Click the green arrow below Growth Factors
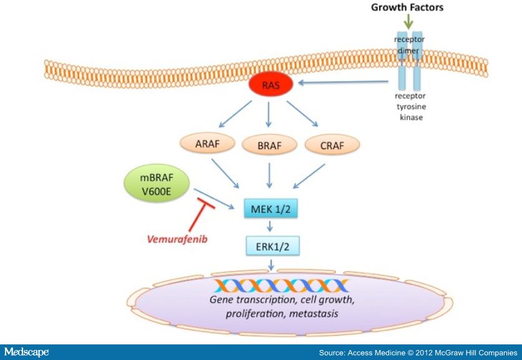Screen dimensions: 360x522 [x=408, y=21]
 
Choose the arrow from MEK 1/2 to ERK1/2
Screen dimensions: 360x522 [x=270, y=226]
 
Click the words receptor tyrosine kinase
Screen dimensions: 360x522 [x=410, y=107]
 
